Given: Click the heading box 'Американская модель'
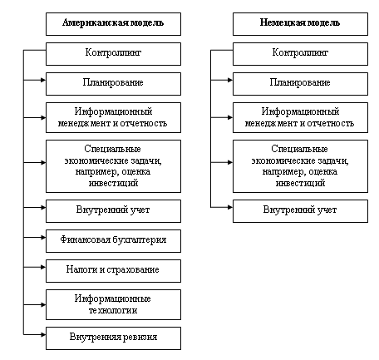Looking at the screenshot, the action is coord(113,24).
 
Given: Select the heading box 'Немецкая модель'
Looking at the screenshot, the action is coord(300,24).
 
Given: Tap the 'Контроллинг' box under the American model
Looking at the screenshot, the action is coord(113,54).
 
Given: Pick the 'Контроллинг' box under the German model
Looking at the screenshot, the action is coord(300,54).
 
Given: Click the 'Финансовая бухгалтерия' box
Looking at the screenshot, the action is coord(113,241).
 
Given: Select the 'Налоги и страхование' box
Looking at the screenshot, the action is coord(113,271).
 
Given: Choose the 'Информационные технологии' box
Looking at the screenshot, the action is coord(113,304).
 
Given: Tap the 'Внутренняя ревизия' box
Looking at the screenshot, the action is coord(113,338).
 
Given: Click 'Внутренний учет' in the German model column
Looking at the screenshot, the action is coord(300,211).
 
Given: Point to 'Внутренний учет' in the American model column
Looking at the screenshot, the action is coord(113,211).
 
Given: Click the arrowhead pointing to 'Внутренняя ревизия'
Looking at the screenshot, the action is coord(43,334).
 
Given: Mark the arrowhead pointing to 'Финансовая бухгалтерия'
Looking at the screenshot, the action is coord(43,237).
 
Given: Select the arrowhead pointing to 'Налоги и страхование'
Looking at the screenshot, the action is coord(43,267).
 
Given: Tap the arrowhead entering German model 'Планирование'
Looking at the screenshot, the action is coord(230,80).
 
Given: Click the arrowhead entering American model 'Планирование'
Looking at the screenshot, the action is coord(43,80).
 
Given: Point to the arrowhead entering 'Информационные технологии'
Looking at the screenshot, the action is coord(43,304).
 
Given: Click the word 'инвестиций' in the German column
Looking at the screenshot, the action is coord(300,183).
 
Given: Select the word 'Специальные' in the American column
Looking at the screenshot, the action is coord(112,149).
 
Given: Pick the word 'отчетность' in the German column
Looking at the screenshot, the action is coord(331,123).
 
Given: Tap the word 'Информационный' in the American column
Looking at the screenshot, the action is coord(113,111).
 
